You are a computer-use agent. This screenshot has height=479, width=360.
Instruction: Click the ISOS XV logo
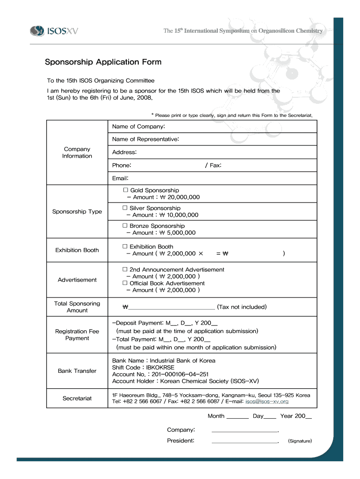point(54,31)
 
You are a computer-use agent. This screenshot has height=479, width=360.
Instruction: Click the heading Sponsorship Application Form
point(103,62)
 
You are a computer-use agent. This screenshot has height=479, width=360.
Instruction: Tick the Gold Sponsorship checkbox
point(125,190)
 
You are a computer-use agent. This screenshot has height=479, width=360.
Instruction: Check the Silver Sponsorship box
point(125,208)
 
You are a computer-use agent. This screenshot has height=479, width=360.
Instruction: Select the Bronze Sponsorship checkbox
point(125,226)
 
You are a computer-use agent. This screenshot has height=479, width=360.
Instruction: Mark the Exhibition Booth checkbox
point(125,247)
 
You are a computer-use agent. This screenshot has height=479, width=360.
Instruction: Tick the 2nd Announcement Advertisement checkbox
point(125,269)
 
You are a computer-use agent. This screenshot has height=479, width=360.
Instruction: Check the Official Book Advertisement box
point(125,283)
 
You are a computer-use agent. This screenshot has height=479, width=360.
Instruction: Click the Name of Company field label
point(138,127)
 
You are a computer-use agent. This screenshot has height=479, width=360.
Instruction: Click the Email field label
point(120,178)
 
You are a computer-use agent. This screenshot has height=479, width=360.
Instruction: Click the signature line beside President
point(245,442)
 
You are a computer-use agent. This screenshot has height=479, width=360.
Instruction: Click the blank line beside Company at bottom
point(245,431)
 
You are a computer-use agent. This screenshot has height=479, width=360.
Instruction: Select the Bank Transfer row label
point(77,371)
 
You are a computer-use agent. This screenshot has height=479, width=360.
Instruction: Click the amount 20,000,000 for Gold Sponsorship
point(180,197)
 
